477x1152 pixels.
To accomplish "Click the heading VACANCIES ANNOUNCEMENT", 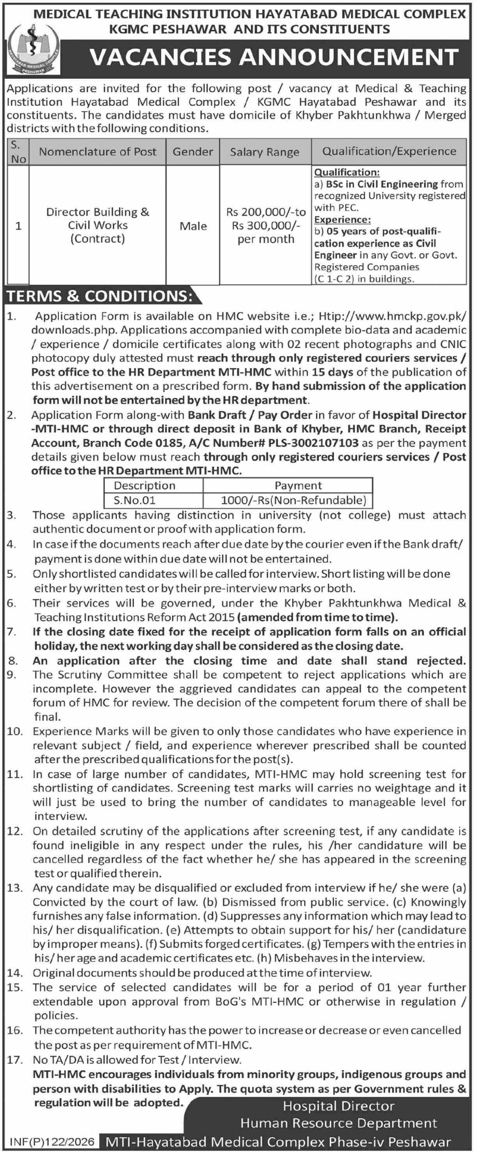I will [274, 57].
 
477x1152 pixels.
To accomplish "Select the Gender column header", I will [193, 152].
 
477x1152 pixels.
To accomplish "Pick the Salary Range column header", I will [265, 152].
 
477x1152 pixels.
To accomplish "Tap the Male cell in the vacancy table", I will [193, 226].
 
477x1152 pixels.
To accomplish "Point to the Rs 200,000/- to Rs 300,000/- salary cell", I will [265, 225].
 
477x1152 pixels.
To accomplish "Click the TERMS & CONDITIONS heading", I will [99, 297].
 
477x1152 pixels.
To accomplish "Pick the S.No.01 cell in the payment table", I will [135, 500].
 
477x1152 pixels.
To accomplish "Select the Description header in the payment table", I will [144, 486].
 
